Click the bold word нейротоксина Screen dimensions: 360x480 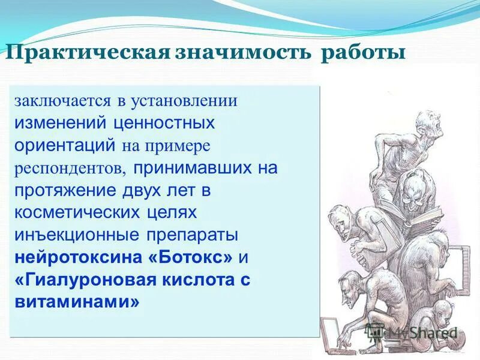point(78,257)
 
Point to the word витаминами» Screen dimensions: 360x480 point(77,302)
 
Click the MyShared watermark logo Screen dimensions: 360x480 point(414,332)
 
